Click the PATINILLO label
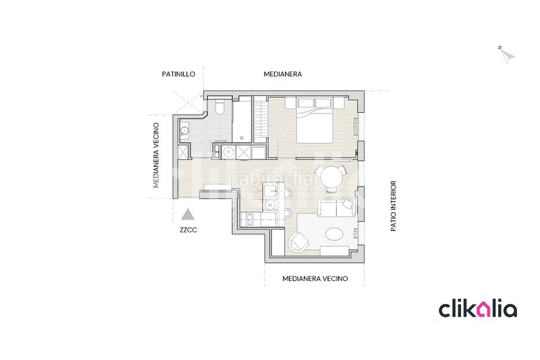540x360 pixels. [178, 74]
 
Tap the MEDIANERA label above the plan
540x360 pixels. [283, 74]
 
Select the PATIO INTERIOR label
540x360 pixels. [394, 206]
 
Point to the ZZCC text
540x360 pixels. [188, 230]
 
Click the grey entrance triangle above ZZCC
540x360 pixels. [188, 215]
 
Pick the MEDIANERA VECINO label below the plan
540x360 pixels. [315, 279]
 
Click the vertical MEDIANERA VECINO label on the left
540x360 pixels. [157, 155]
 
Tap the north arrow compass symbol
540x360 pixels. [507, 55]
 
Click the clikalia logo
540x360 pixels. [478, 309]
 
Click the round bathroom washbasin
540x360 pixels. [184, 131]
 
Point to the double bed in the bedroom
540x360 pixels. [315, 121]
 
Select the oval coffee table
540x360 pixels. [334, 234]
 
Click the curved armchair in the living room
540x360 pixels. [299, 242]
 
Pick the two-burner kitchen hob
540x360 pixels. [248, 220]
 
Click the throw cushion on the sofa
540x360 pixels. [348, 205]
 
